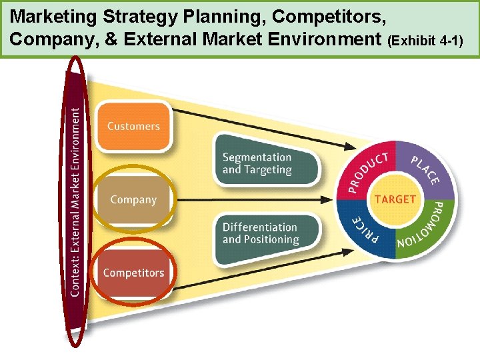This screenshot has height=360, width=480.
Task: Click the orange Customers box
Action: [x=133, y=125]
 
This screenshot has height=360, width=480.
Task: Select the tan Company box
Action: [x=133, y=199]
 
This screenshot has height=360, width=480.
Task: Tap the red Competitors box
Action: [x=133, y=272]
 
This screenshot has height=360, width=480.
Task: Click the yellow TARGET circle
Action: [x=395, y=199]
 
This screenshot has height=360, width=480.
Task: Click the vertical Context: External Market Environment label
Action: [x=77, y=200]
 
